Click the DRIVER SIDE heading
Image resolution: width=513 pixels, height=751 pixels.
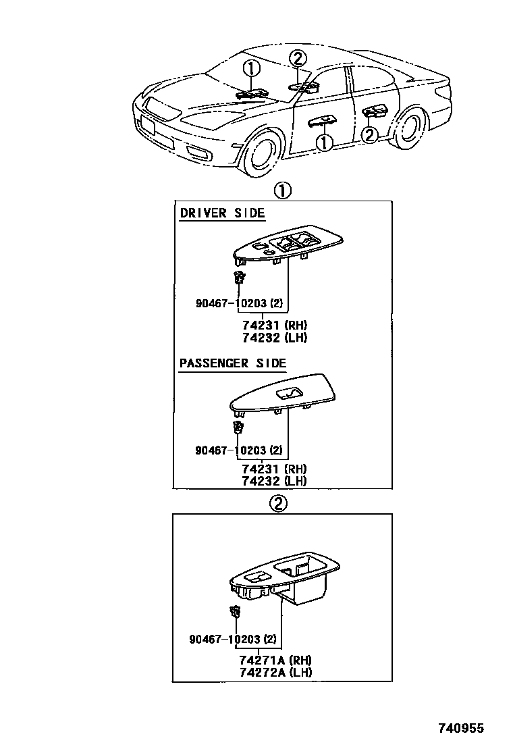pos(222,213)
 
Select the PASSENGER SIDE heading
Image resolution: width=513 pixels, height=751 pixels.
pos(233,363)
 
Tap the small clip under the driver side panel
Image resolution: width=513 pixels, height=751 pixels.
pos(239,278)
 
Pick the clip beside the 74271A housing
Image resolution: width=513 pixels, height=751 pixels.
pos(236,613)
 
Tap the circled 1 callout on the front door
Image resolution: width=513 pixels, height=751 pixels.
pos(325,142)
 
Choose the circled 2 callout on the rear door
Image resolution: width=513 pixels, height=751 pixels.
pos(369,135)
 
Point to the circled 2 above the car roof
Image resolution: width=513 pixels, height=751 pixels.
pos(298,59)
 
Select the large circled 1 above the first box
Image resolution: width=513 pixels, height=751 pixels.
pos(282,190)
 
